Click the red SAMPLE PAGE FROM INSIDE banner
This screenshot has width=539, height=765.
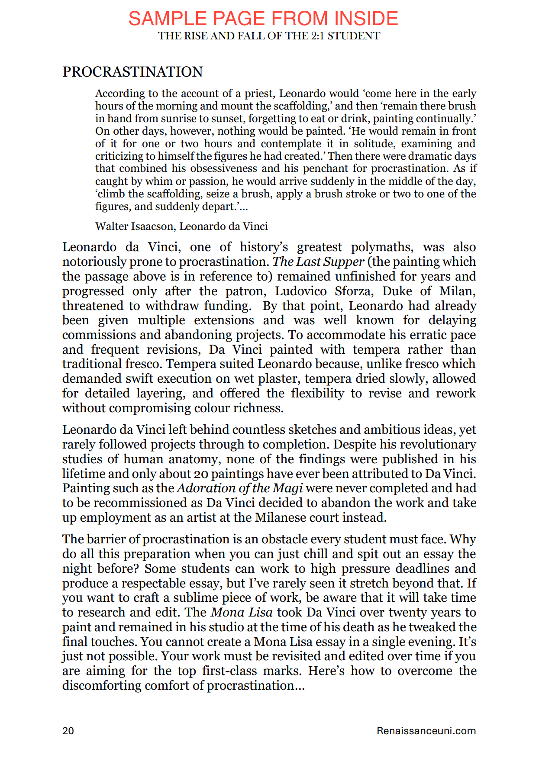click(x=263, y=19)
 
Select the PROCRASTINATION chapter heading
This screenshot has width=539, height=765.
click(x=132, y=72)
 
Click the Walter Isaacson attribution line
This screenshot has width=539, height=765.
click(x=181, y=226)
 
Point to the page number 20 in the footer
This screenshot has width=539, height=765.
click(x=68, y=731)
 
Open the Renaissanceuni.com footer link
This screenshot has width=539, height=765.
click(x=426, y=731)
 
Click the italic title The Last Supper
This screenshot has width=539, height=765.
click(x=318, y=262)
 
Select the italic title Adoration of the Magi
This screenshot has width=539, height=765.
click(x=240, y=488)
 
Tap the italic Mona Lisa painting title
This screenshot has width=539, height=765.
click(x=242, y=613)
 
